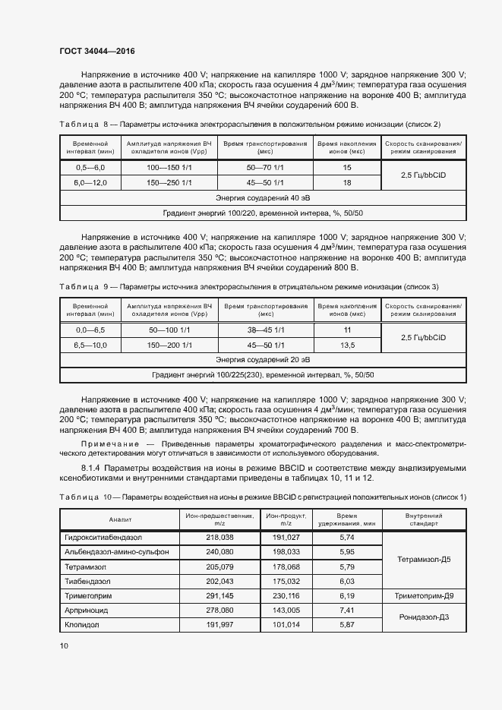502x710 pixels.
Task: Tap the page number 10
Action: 64,645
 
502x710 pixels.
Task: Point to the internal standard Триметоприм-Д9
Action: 423,595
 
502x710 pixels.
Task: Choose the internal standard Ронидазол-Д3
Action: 423,617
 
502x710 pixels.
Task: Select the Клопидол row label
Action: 82,624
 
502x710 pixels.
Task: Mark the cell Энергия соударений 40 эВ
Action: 262,197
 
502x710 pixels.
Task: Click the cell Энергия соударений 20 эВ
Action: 262,359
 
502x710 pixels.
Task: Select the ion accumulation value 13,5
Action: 347,345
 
